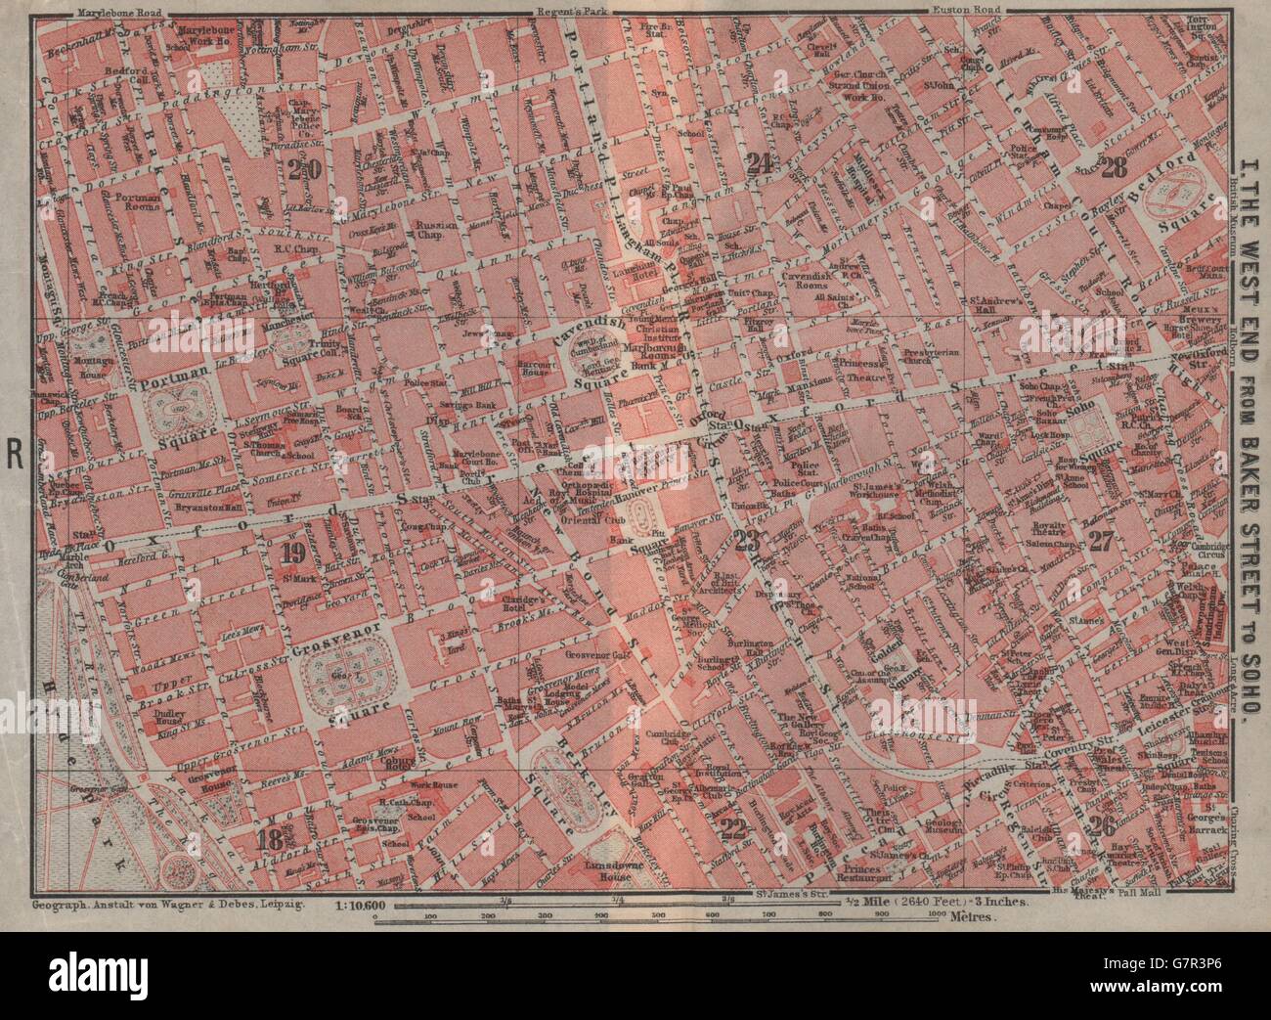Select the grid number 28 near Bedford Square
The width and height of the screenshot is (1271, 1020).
(1114, 168)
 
